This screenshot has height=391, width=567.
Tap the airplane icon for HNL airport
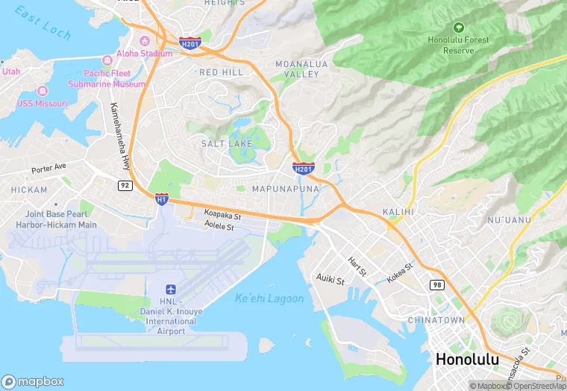click(170, 289)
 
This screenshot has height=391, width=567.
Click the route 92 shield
click(124, 184)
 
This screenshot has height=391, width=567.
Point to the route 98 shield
click(437, 285)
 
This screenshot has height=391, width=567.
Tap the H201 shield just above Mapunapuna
click(303, 169)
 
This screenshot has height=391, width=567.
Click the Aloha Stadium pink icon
click(144, 40)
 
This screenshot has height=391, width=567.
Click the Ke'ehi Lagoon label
click(269, 298)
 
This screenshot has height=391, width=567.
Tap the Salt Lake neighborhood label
click(227, 143)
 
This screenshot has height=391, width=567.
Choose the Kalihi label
click(398, 213)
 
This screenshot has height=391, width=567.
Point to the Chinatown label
click(436, 319)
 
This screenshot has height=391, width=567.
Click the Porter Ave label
click(49, 168)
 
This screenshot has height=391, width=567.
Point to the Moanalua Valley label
click(301, 69)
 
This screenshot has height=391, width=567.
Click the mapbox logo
click(33, 381)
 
